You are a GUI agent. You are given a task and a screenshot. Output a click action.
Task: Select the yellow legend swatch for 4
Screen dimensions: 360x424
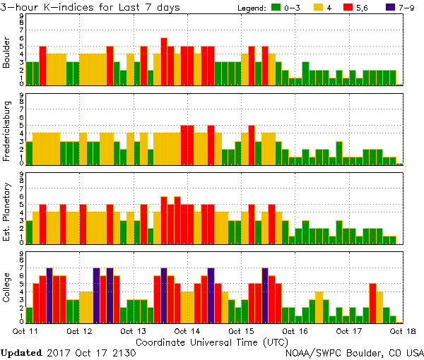(319, 8)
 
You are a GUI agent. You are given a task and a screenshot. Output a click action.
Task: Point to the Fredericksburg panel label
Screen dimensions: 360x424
(7, 129)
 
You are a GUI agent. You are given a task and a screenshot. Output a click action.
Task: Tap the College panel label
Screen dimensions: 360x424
(7, 287)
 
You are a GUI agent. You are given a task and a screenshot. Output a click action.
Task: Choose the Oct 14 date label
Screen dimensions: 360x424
(187, 330)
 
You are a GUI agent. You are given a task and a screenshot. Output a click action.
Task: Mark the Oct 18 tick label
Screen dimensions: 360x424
(403, 330)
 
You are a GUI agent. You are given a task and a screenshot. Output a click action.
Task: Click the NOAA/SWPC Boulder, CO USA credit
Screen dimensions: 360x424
(354, 352)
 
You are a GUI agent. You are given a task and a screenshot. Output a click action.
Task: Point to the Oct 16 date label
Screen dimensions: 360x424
(295, 330)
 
